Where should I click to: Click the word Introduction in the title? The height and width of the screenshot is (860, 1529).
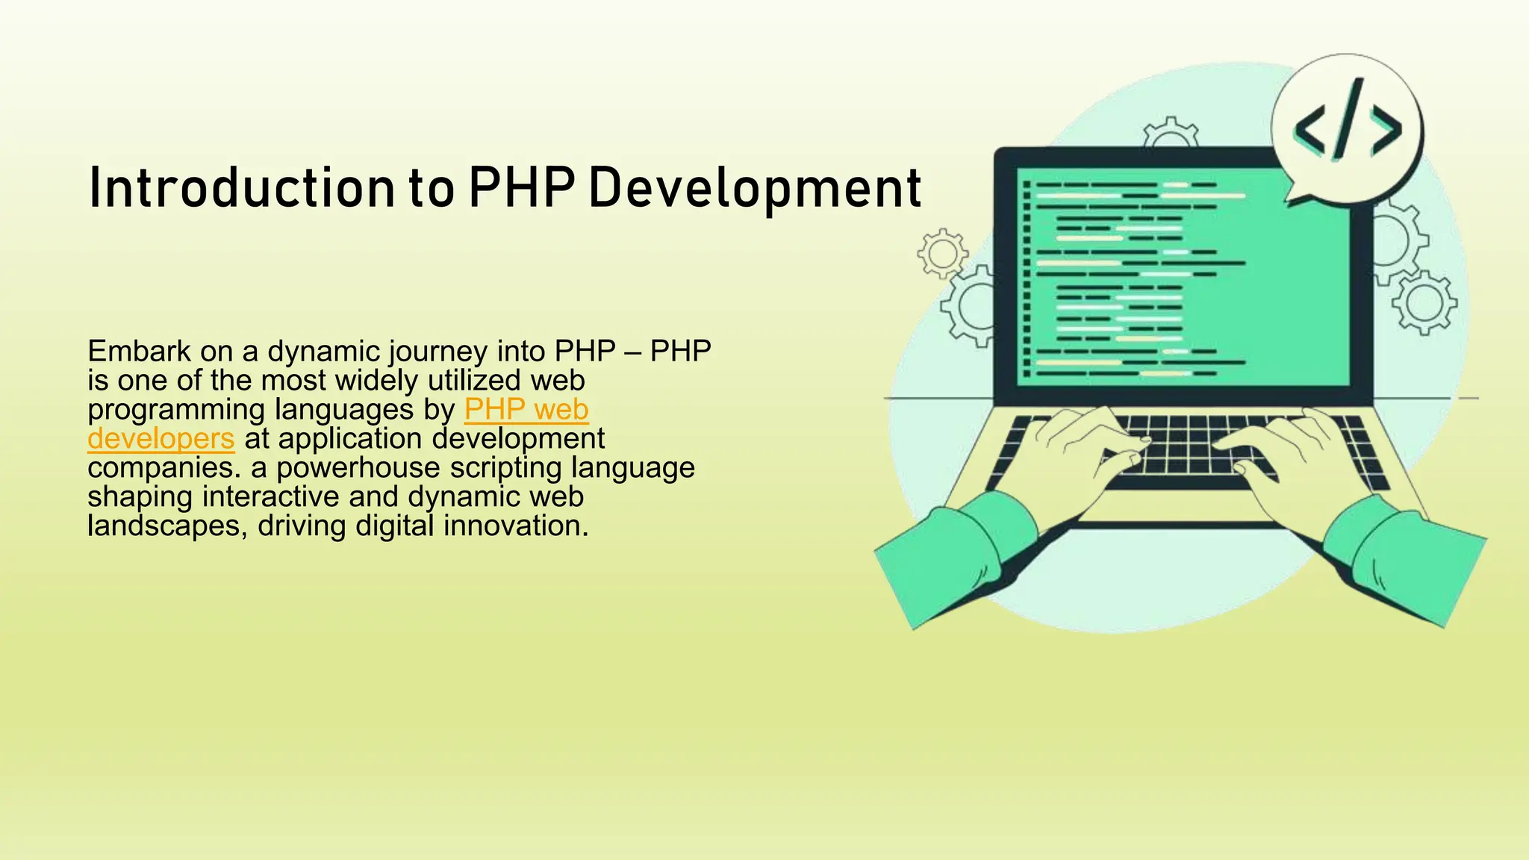coord(240,188)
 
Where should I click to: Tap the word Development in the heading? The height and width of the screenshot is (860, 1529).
coord(754,188)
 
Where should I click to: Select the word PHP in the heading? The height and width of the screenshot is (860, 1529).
coord(521,188)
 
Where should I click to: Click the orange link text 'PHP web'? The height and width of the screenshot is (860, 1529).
coord(526,410)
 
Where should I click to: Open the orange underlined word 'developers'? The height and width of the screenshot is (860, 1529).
coord(161,439)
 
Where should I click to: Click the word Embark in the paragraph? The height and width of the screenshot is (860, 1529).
coord(138,351)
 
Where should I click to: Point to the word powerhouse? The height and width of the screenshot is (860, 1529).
coord(358,469)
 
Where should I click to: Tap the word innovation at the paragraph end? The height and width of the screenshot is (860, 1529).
coord(515,526)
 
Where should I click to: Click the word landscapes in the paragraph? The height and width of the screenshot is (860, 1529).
coord(164,526)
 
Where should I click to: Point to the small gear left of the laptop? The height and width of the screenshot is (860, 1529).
coord(942,254)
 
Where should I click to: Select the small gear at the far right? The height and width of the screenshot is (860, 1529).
coord(1424,302)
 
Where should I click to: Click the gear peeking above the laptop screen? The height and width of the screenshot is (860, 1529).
coord(1171,135)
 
